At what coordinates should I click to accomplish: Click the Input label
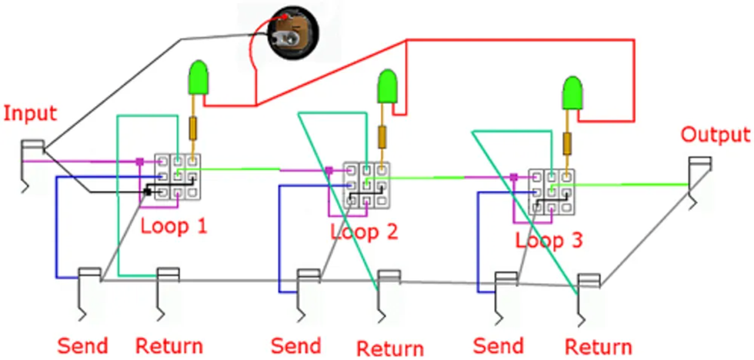click(30, 114)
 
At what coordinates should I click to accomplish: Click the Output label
click(716, 135)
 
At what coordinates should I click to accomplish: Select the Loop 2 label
click(364, 231)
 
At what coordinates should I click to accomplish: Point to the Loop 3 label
click(549, 241)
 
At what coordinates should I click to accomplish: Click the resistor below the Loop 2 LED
click(382, 136)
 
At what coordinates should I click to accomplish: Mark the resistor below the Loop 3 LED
click(569, 143)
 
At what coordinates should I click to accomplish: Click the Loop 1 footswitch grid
click(177, 176)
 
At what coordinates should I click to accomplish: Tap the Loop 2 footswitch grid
click(365, 185)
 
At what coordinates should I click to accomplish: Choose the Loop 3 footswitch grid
click(551, 192)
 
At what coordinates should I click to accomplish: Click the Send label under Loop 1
click(82, 345)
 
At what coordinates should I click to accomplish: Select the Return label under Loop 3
click(599, 347)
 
